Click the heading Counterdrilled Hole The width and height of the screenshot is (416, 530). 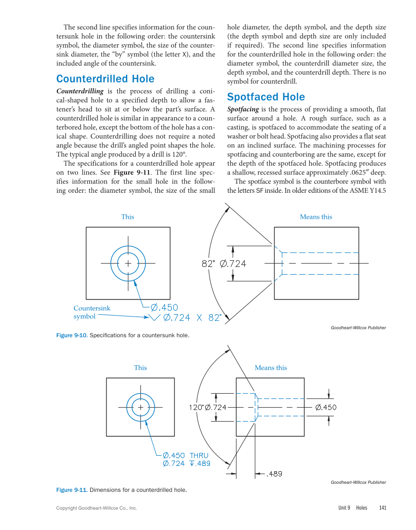[x=105, y=79]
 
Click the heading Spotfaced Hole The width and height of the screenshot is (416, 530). [x=266, y=97]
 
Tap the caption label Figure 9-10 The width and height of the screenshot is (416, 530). [x=71, y=335]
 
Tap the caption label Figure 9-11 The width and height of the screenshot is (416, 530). [x=71, y=490]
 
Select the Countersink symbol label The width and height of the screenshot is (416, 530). [x=92, y=312]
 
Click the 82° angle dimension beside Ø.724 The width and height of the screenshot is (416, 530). [x=208, y=264]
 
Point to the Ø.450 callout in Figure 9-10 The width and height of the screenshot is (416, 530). [x=164, y=307]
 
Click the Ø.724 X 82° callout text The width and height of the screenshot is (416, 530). [x=192, y=318]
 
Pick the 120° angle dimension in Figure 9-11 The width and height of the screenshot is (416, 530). [x=196, y=408]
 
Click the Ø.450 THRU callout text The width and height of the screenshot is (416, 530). [x=185, y=455]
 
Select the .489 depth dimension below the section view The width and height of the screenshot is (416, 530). [x=274, y=474]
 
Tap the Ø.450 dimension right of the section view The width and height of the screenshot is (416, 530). [x=326, y=408]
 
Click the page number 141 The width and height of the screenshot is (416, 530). [x=383, y=508]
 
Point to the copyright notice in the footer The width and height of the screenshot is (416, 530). [x=97, y=508]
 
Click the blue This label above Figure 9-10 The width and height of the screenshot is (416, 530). [x=128, y=217]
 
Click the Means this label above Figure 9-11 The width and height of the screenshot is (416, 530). [x=271, y=368]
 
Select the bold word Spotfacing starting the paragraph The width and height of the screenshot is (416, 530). [x=243, y=109]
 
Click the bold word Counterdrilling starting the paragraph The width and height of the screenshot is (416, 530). [x=80, y=91]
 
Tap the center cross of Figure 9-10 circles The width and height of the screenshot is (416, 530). [x=128, y=264]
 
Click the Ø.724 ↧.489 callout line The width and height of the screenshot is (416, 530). [x=186, y=464]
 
